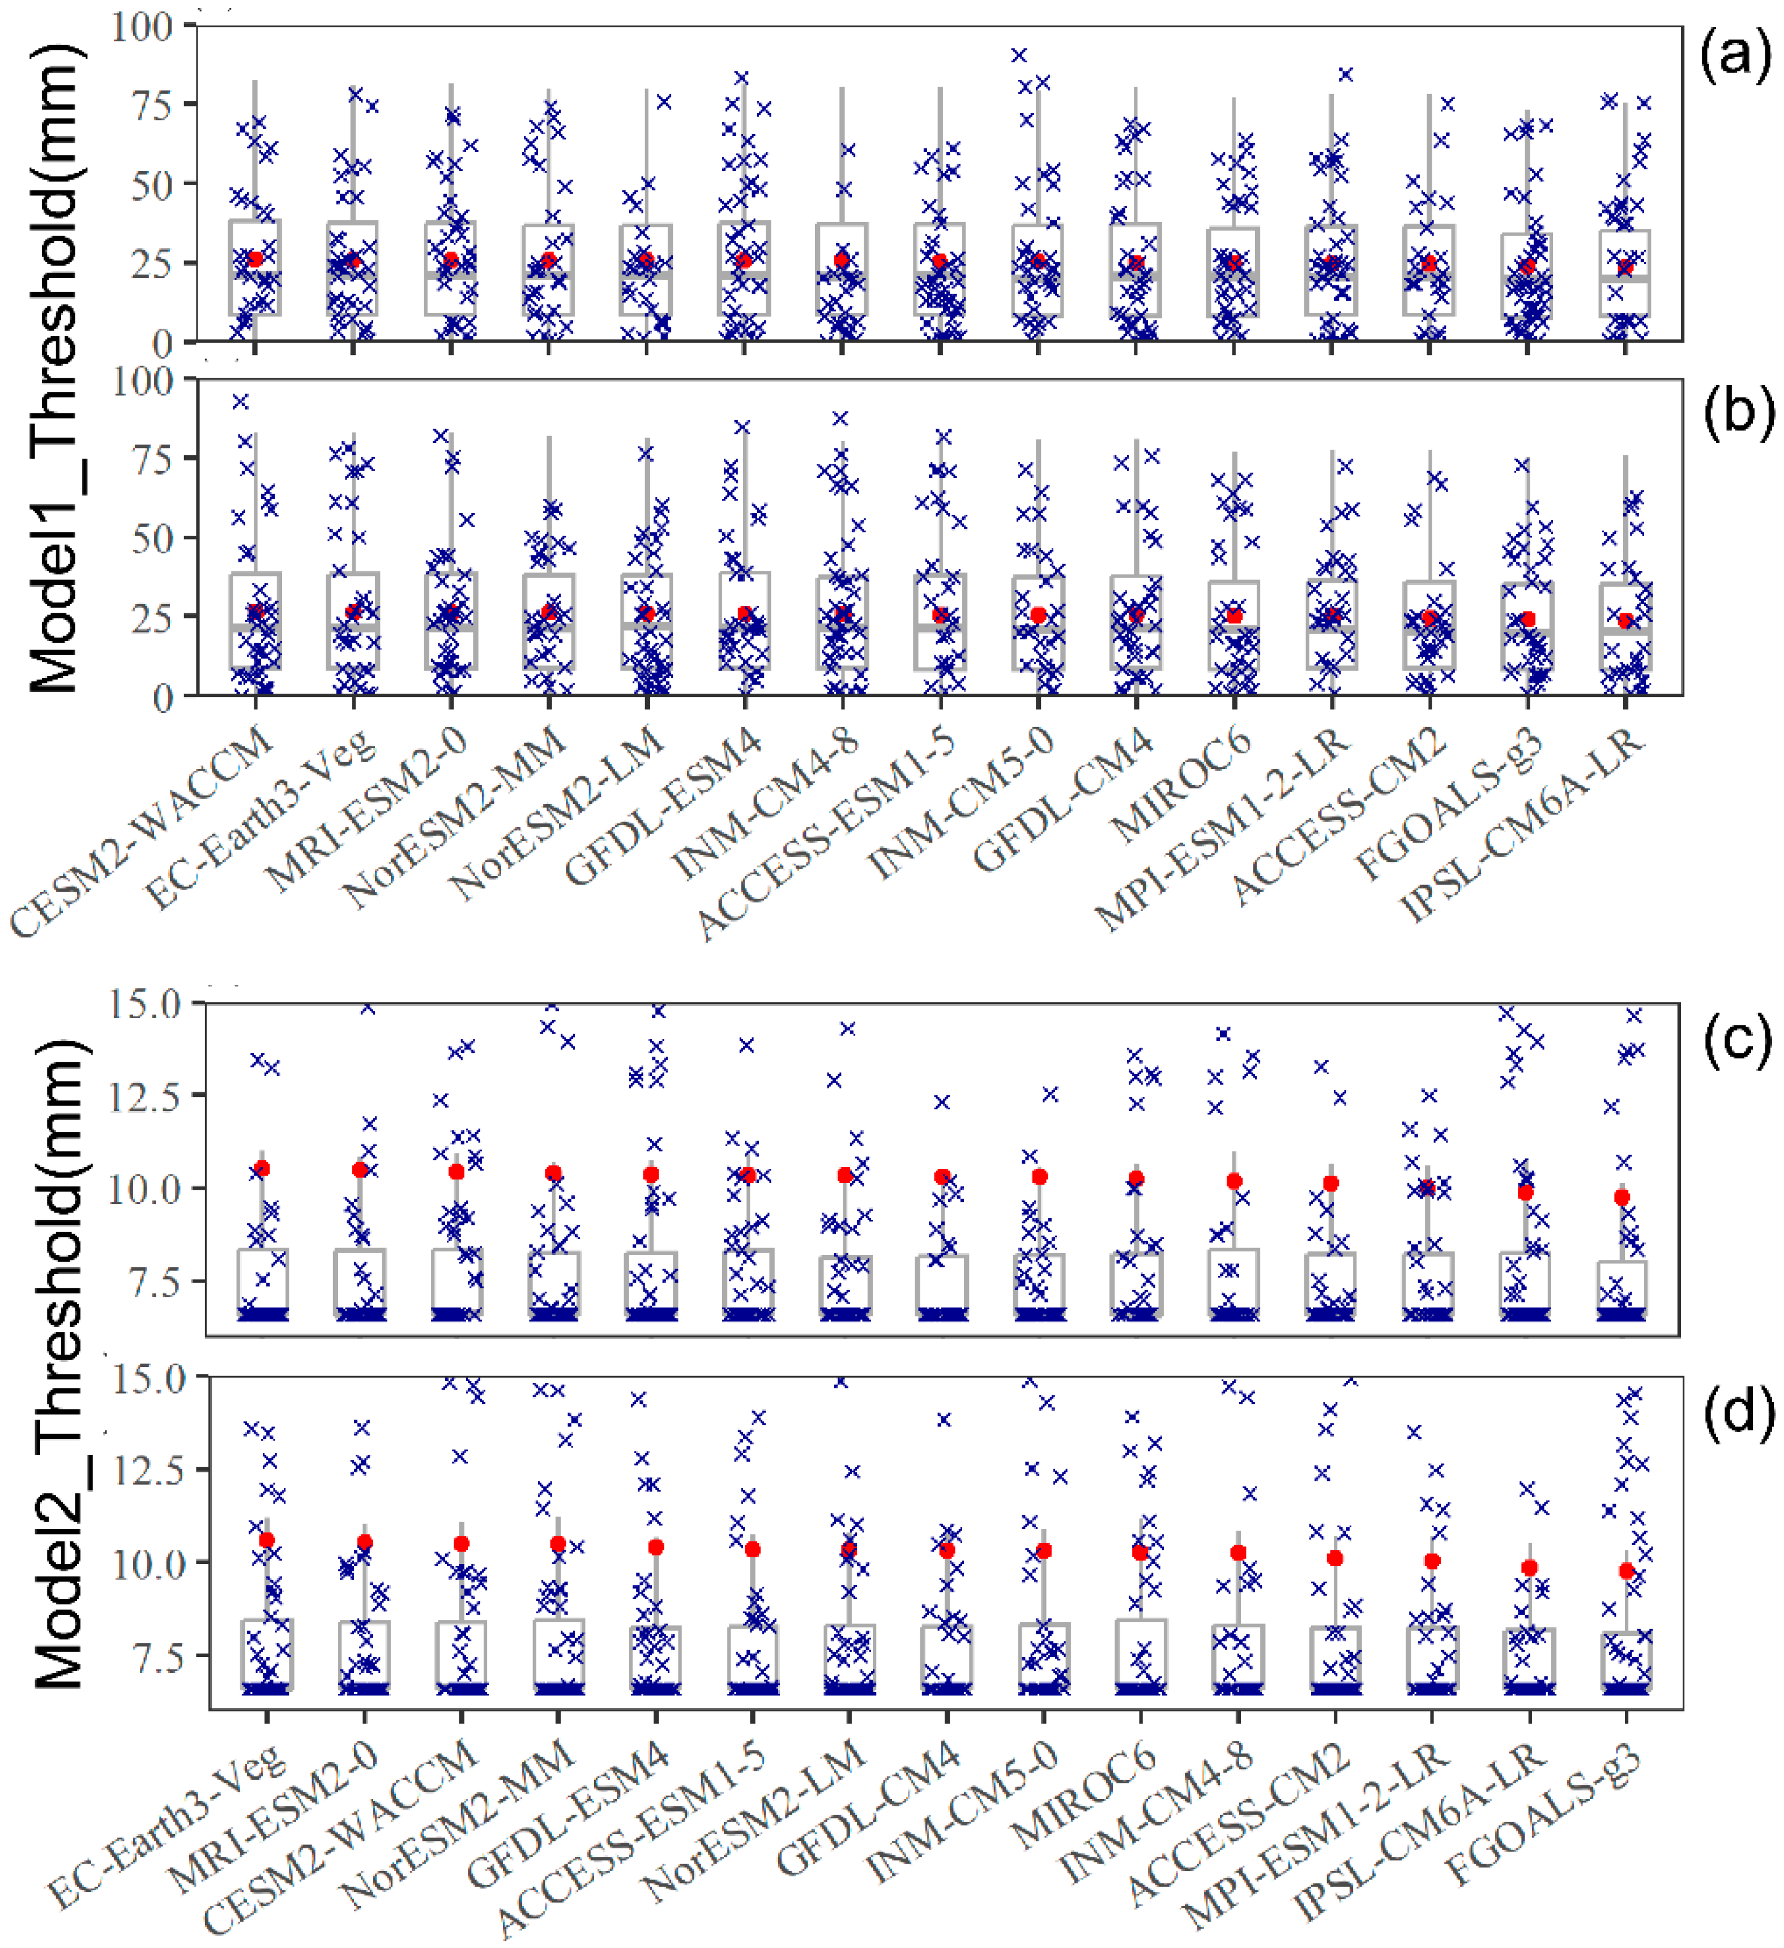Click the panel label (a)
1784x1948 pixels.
click(x=1736, y=58)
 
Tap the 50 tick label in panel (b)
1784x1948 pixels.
click(x=153, y=537)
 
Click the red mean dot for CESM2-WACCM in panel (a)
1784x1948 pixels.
click(x=255, y=259)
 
